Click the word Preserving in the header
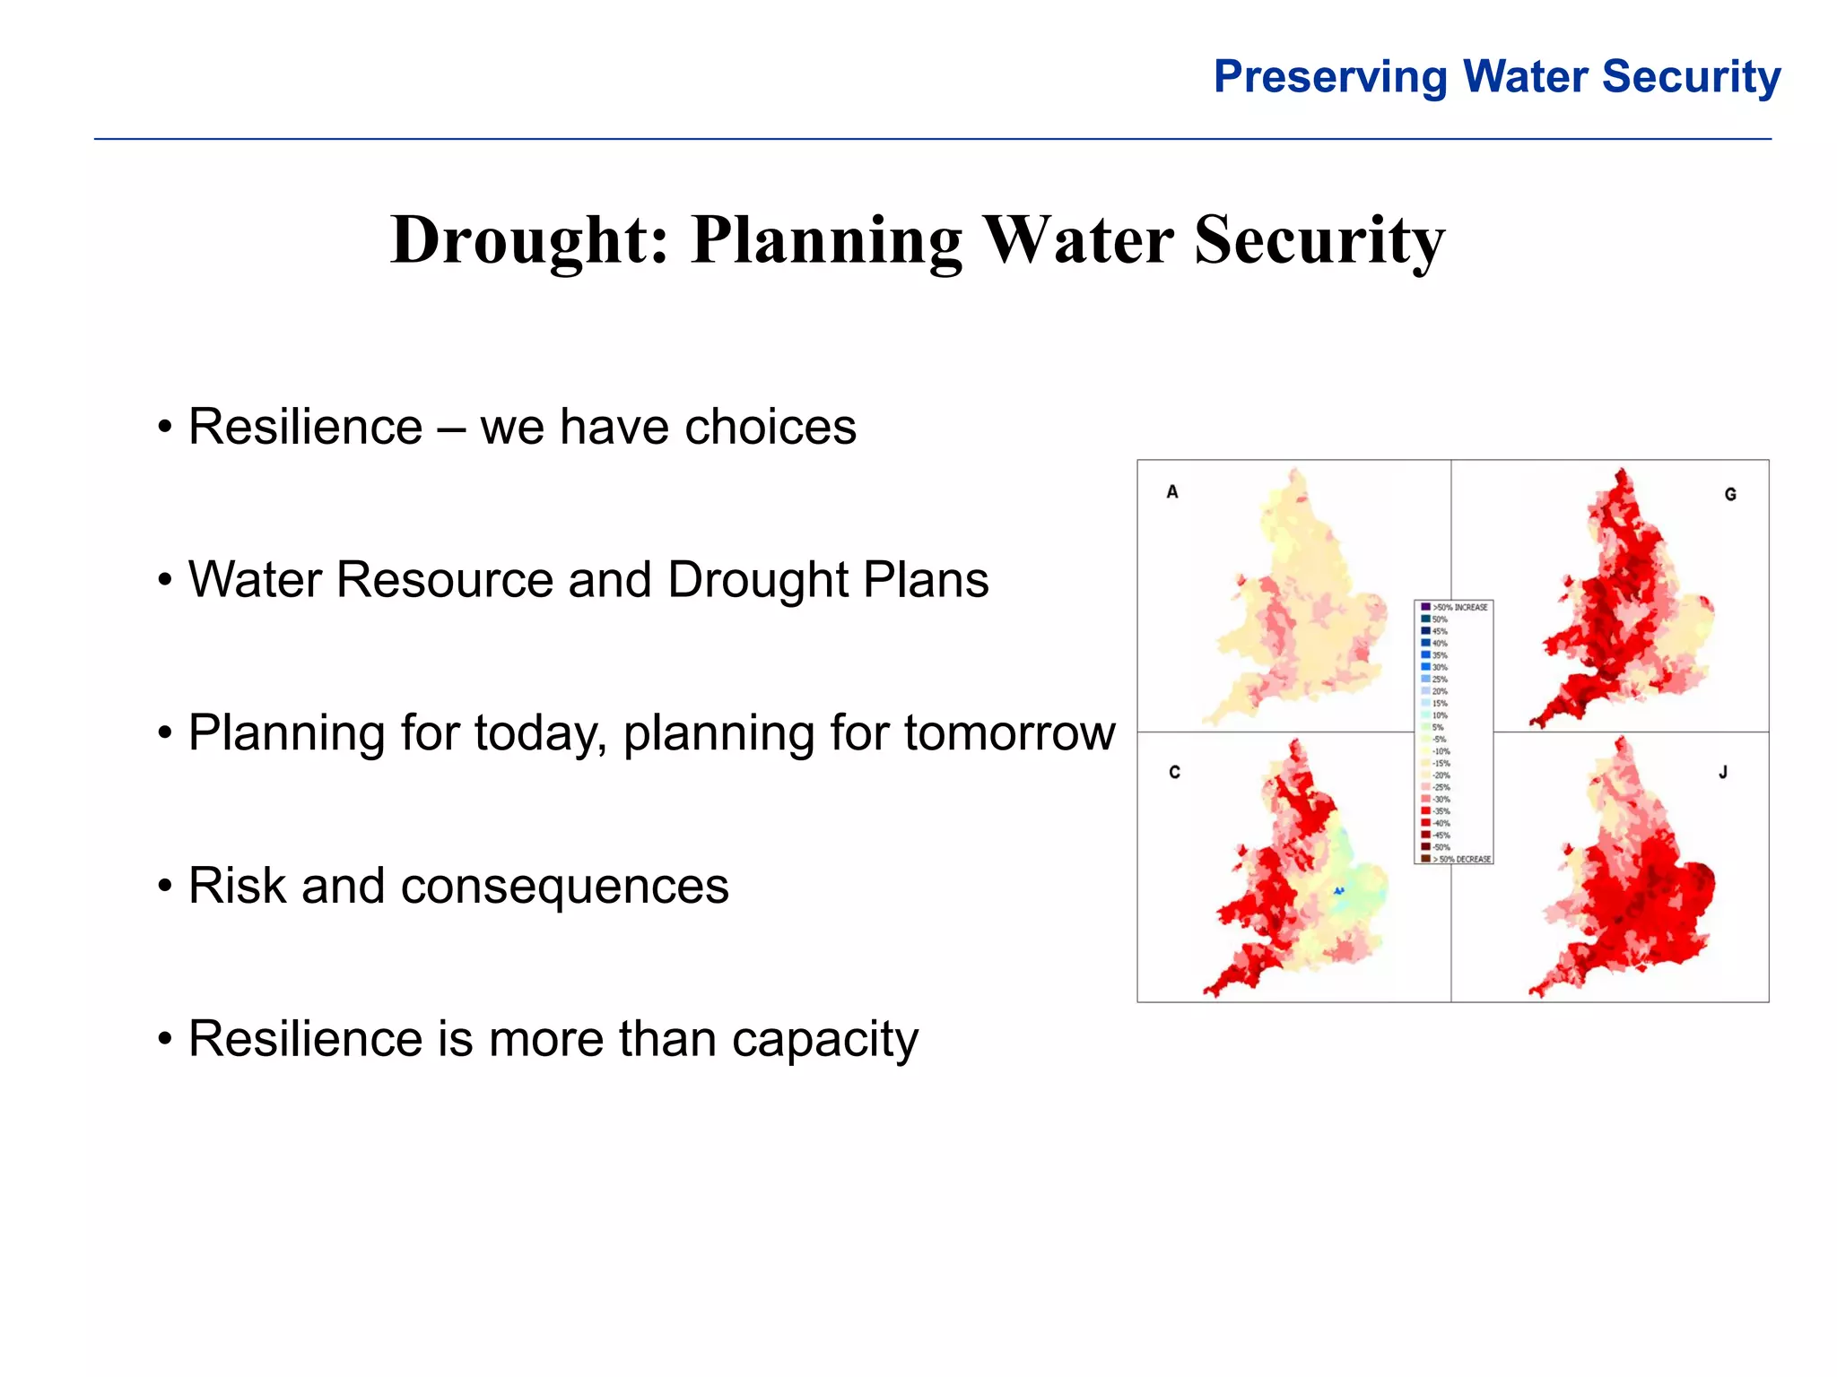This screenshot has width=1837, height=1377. [x=1330, y=77]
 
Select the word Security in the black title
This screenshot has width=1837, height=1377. [x=1319, y=240]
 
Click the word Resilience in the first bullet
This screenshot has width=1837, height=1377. [x=305, y=427]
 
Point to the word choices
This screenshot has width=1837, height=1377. [x=770, y=427]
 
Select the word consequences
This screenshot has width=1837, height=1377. [x=564, y=887]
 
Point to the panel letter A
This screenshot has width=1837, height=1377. [x=1172, y=491]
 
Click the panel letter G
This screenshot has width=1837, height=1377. [x=1730, y=494]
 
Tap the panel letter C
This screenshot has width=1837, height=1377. [x=1174, y=772]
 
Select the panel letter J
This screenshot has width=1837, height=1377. [x=1723, y=772]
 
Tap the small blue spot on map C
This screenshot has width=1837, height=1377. [x=1338, y=891]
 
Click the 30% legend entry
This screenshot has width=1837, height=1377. [x=1439, y=667]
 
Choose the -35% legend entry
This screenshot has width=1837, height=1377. [x=1441, y=811]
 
